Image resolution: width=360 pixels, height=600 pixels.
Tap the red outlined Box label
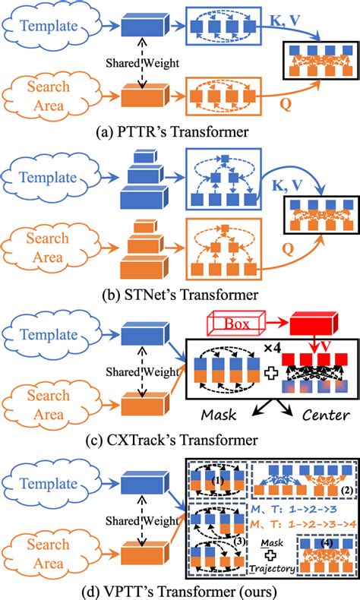point(236,324)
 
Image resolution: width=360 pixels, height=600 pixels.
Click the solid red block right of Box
point(314,324)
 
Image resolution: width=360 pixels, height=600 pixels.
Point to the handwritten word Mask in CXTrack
point(219,414)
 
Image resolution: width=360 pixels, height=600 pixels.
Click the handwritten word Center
point(326,415)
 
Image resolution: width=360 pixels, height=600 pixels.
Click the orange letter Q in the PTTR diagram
point(285,104)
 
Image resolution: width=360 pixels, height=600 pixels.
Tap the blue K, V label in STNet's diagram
point(286,185)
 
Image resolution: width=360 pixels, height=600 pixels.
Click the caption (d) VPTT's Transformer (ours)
point(179,592)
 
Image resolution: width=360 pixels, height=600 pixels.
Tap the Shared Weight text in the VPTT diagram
point(142,521)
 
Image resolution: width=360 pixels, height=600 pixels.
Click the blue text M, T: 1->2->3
point(294,509)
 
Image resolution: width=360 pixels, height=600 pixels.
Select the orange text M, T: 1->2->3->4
point(303,524)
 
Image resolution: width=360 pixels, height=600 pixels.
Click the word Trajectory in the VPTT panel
point(273,569)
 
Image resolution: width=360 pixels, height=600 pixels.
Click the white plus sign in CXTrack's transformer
point(271,373)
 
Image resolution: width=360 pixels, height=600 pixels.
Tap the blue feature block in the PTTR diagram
point(143,26)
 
